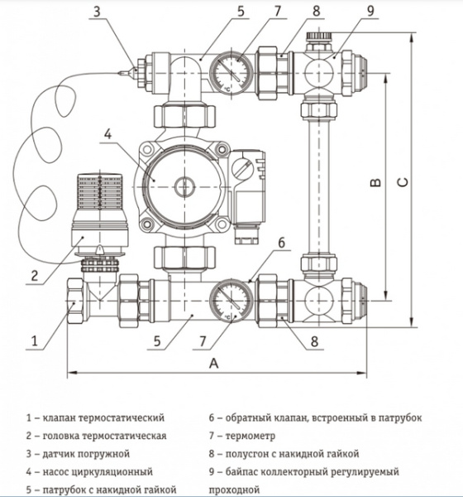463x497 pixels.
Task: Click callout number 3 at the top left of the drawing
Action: click(x=98, y=12)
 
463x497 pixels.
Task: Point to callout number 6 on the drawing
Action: click(x=282, y=244)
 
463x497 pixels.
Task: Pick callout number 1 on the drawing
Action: click(x=35, y=339)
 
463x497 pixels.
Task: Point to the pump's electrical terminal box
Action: click(x=249, y=186)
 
